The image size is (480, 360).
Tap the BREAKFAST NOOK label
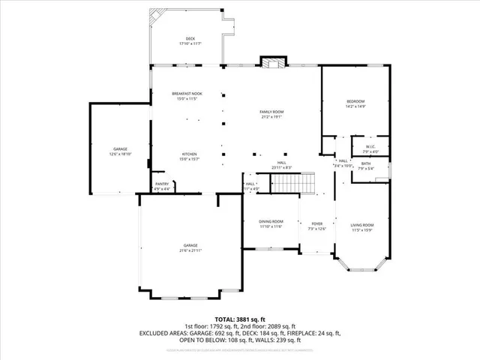187,93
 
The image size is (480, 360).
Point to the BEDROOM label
355,101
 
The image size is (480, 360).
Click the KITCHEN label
187,154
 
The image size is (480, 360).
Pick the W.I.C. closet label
370,146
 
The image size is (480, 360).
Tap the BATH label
365,163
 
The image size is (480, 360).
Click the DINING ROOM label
271,221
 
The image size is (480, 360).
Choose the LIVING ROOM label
362,225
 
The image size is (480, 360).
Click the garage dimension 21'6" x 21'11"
191,250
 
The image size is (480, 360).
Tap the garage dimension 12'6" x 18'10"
120,154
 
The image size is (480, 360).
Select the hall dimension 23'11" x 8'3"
281,167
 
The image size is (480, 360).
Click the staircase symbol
292,182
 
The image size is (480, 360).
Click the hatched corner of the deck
158,16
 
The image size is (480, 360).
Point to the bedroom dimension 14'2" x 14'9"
355,106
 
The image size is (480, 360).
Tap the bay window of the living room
362,274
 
